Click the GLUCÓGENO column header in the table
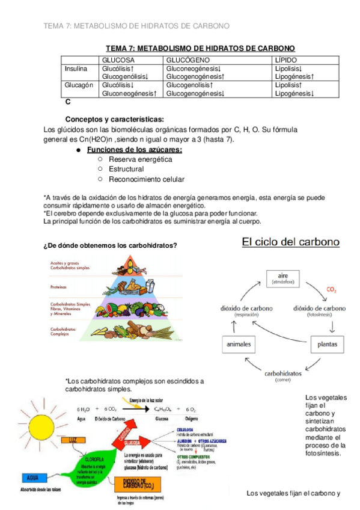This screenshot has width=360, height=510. (x=189, y=60)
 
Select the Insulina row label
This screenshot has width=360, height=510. (x=76, y=69)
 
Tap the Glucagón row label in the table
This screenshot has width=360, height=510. (x=78, y=85)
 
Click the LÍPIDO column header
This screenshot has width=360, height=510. (x=287, y=60)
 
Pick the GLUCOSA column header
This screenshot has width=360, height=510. (x=118, y=60)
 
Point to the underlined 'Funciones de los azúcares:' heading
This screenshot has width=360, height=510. (x=135, y=150)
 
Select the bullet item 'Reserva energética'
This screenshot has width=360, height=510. (x=140, y=159)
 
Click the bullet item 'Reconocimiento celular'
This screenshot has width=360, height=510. (x=147, y=179)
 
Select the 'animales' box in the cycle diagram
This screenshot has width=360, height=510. (x=239, y=345)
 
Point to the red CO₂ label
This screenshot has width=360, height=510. (x=331, y=290)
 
